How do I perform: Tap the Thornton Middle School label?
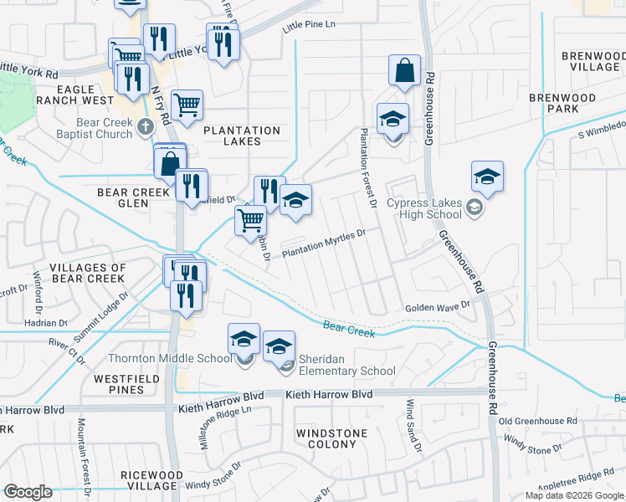click(x=170, y=358)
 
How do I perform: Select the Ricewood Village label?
click(x=151, y=481)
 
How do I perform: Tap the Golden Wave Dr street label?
click(x=438, y=308)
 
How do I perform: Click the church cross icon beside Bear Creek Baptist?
click(x=146, y=127)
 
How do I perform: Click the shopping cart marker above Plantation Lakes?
click(x=187, y=105)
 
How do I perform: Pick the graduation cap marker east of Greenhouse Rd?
click(x=487, y=177)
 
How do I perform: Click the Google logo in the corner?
click(x=28, y=492)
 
